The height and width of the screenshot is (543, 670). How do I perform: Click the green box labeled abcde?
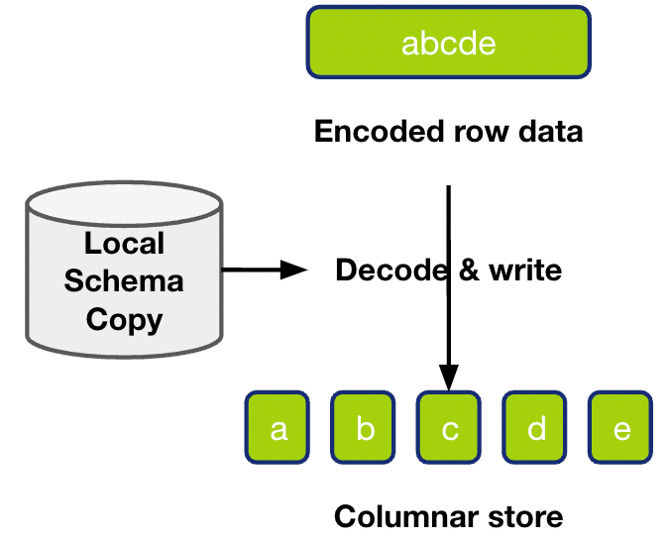(448, 45)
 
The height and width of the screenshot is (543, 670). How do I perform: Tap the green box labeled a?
(279, 428)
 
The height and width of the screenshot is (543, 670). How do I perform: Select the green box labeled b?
(364, 428)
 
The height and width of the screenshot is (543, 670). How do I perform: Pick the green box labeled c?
(449, 428)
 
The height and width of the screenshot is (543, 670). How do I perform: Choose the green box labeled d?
(535, 428)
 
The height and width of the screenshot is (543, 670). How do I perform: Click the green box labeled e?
(621, 428)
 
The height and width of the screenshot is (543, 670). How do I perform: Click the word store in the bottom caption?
(515, 516)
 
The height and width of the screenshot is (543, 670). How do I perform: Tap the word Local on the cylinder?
(124, 243)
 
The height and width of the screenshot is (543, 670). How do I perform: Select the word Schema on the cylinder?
(124, 280)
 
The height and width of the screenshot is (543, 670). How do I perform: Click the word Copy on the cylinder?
(124, 319)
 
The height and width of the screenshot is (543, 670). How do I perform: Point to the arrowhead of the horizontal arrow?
(294, 270)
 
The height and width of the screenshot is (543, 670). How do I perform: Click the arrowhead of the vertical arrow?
(449, 378)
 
